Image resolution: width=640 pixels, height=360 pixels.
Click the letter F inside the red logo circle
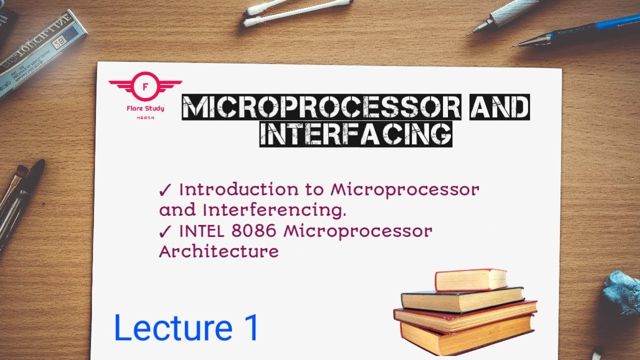click(145, 86)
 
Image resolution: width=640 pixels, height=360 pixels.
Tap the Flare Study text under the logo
click(145, 108)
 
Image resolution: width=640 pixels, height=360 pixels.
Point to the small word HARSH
click(145, 118)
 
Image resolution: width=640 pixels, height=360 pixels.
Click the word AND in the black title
click(499, 107)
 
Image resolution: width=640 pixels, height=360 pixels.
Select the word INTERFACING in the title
click(355, 133)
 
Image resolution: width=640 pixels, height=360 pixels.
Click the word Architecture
click(218, 251)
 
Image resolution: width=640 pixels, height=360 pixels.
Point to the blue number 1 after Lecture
click(250, 328)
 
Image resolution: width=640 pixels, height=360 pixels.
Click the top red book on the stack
click(470, 279)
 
